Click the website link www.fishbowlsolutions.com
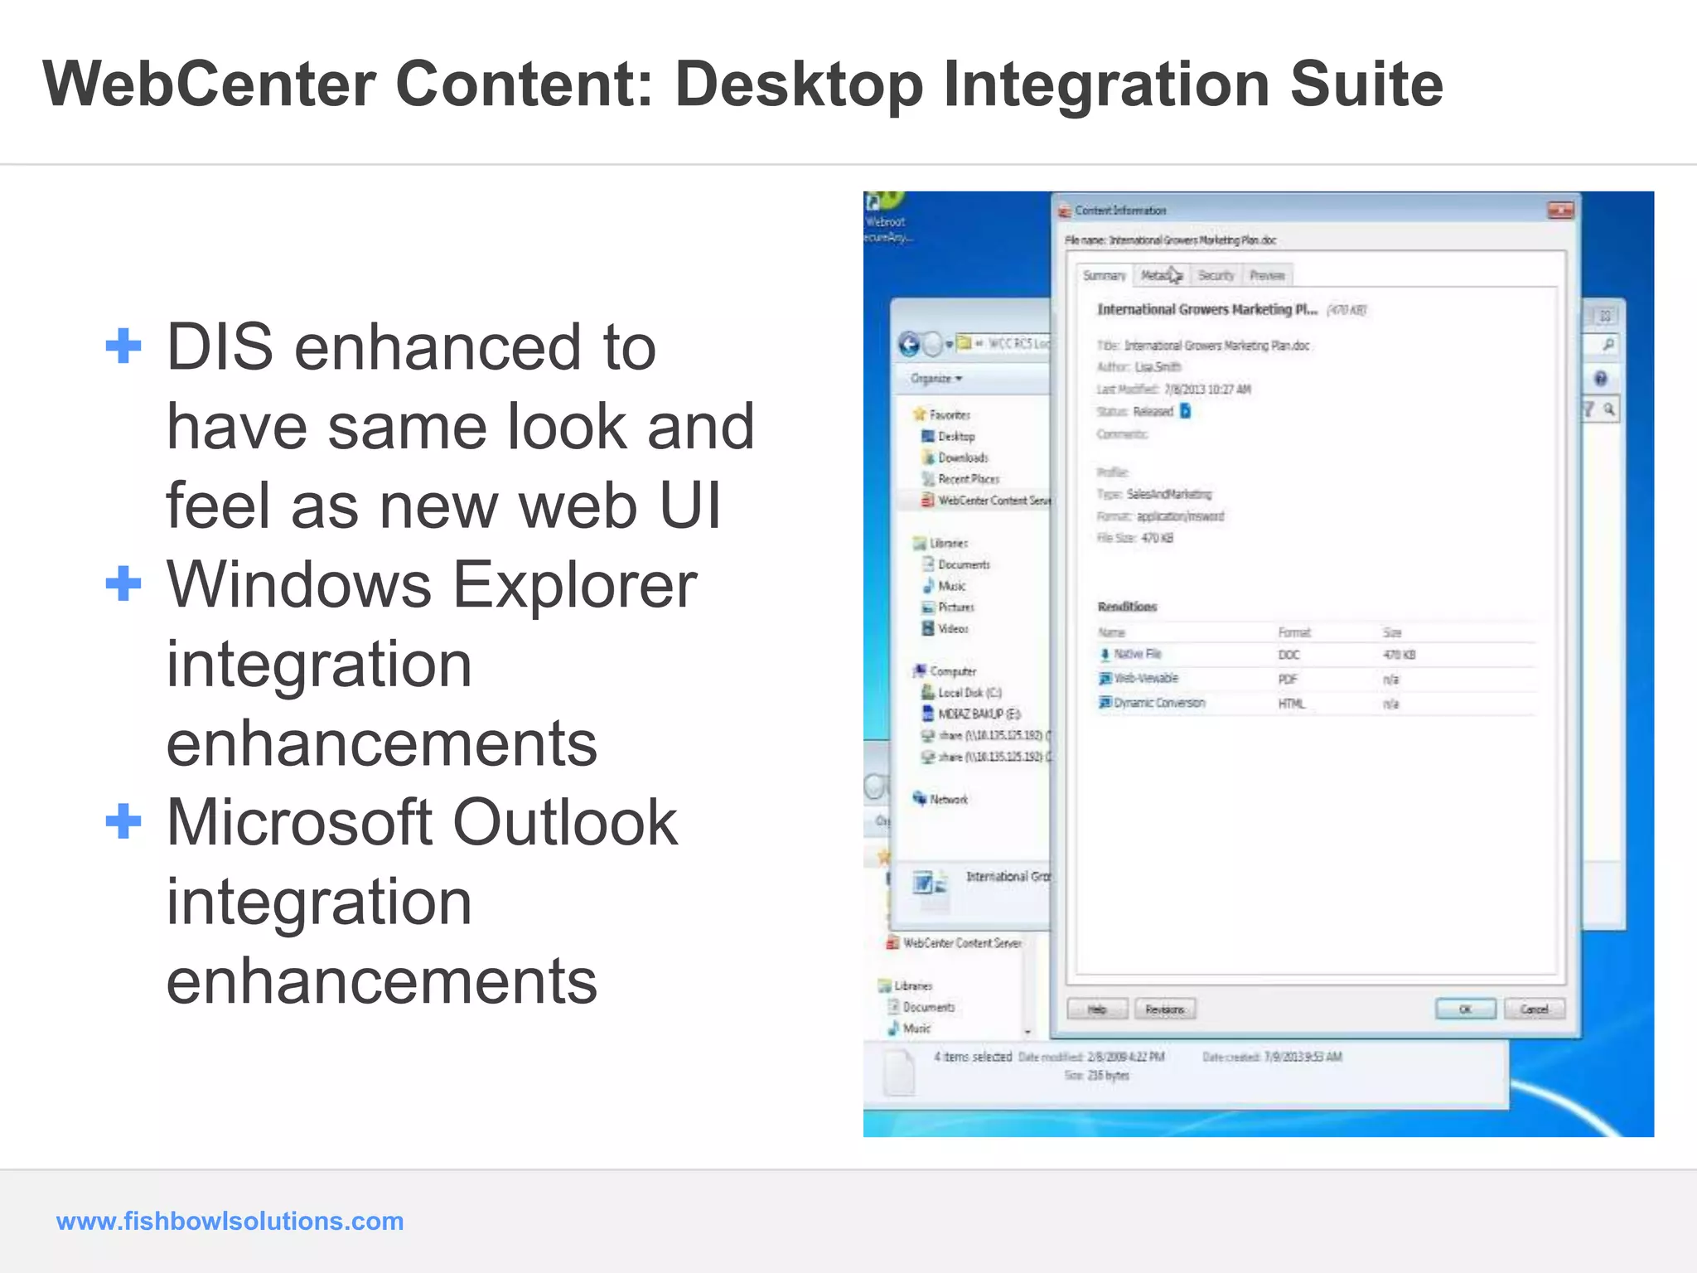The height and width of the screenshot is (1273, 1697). click(230, 1221)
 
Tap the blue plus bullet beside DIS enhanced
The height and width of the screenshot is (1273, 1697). click(123, 346)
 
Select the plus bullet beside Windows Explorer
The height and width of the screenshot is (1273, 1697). click(123, 583)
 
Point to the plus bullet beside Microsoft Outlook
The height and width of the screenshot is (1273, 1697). click(123, 821)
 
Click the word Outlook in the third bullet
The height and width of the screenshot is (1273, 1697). click(565, 823)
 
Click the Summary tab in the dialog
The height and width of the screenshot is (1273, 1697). click(1104, 276)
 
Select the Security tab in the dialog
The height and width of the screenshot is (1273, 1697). click(1216, 276)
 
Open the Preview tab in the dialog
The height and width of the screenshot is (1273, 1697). click(1267, 276)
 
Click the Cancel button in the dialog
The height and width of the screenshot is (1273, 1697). click(1534, 1009)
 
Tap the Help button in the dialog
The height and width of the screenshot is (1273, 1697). click(1097, 1009)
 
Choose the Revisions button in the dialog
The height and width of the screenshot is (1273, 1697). click(1165, 1009)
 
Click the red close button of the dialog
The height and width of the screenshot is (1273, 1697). click(1560, 211)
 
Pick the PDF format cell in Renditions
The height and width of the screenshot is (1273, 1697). click(1288, 680)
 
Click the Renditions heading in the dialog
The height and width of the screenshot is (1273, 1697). click(1127, 607)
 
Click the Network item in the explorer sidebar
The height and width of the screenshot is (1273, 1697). click(948, 800)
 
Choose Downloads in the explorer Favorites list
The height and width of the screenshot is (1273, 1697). click(962, 457)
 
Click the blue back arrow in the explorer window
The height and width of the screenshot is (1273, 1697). click(910, 344)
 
